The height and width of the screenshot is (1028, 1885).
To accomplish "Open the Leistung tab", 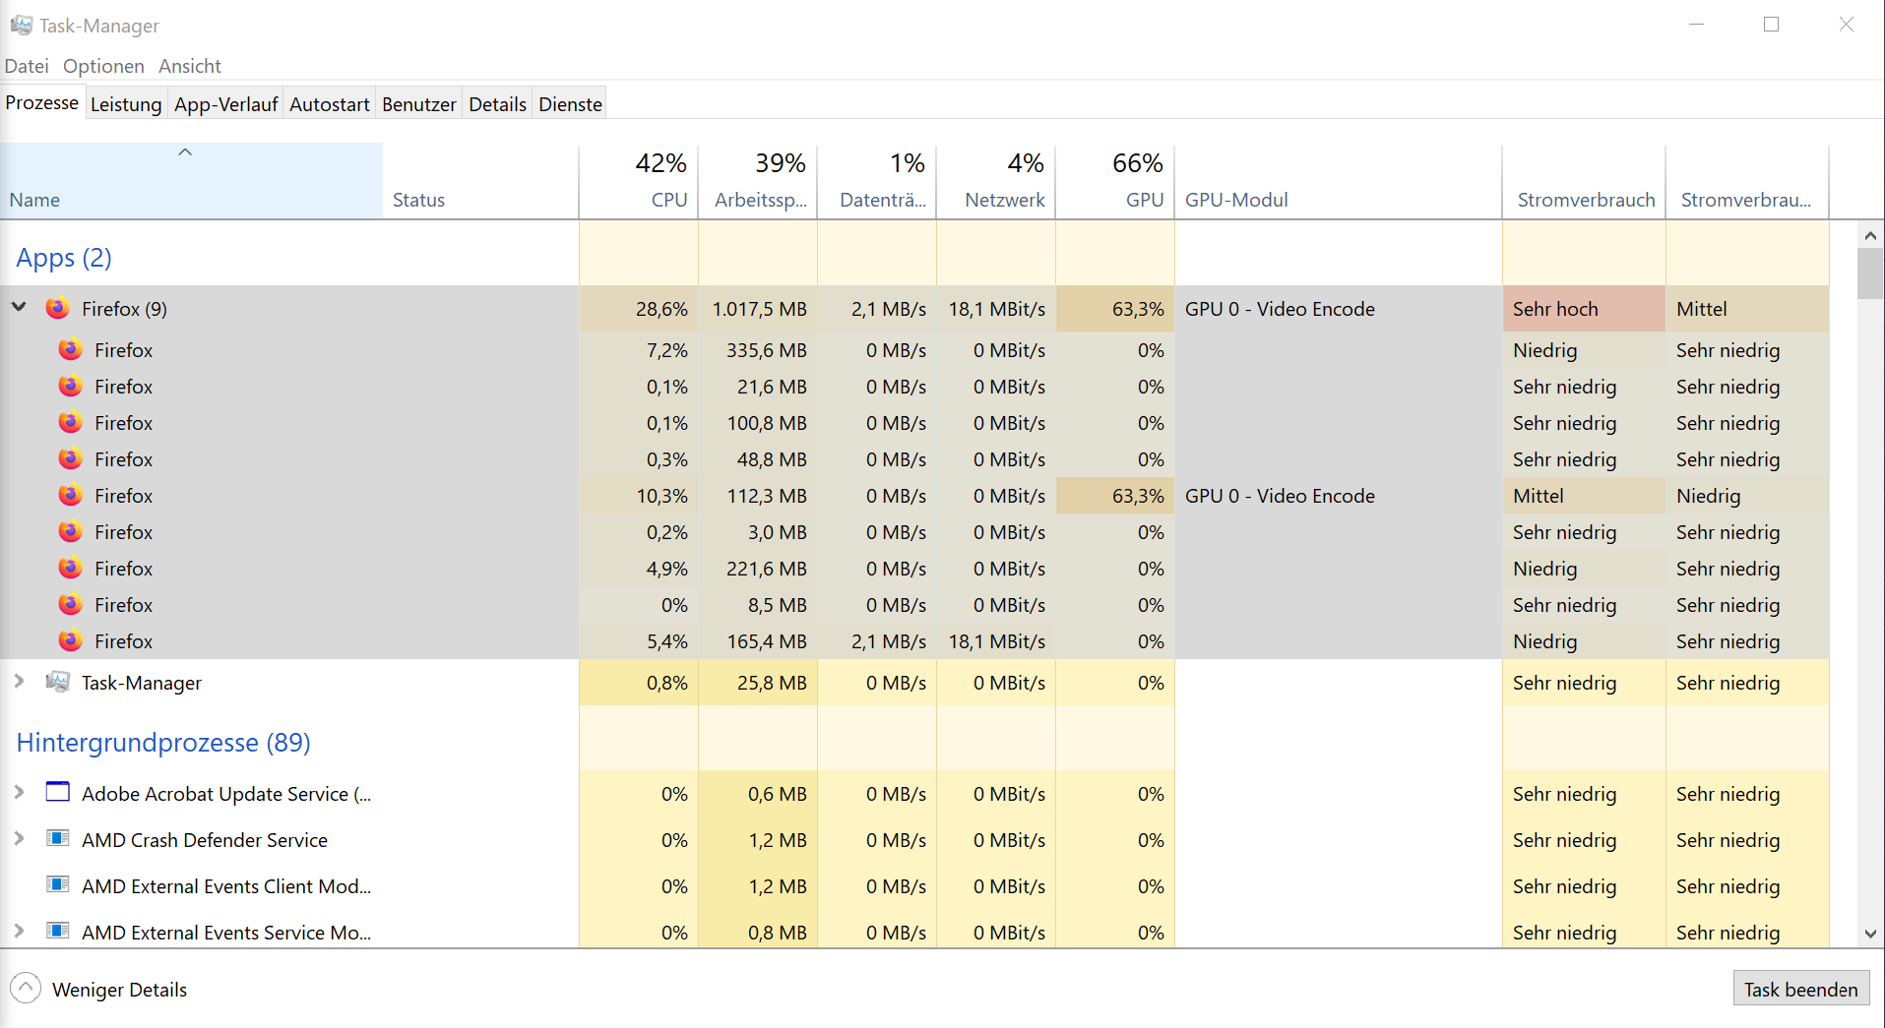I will coord(126,104).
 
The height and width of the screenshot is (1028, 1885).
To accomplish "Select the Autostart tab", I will coord(329,104).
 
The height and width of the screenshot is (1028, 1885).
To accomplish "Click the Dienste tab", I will coord(570,104).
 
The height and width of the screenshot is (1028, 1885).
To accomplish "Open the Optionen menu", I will coord(103,66).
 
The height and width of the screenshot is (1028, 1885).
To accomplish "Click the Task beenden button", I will coord(1800,990).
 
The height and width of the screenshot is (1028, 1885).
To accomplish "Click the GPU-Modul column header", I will coord(1236,200).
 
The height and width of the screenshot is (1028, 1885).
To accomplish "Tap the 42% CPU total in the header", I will coord(660,163).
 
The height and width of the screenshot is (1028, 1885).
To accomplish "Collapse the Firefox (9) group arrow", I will coord(19,308).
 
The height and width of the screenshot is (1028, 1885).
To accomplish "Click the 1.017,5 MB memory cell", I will coord(759,309).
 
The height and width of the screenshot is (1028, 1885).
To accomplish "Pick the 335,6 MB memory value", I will coord(766,350).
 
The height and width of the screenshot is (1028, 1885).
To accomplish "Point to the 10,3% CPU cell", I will coord(661,496).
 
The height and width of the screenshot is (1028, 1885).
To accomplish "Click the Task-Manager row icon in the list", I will coord(58,682).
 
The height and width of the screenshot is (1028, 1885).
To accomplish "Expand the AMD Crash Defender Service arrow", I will coord(19,839).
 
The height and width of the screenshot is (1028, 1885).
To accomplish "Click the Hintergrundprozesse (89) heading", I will coord(163,743).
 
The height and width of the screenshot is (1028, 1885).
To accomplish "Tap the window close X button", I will coord(1846,25).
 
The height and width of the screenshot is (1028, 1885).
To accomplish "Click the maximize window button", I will coord(1771,25).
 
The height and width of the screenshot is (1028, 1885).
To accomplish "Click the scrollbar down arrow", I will coord(1870,934).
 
